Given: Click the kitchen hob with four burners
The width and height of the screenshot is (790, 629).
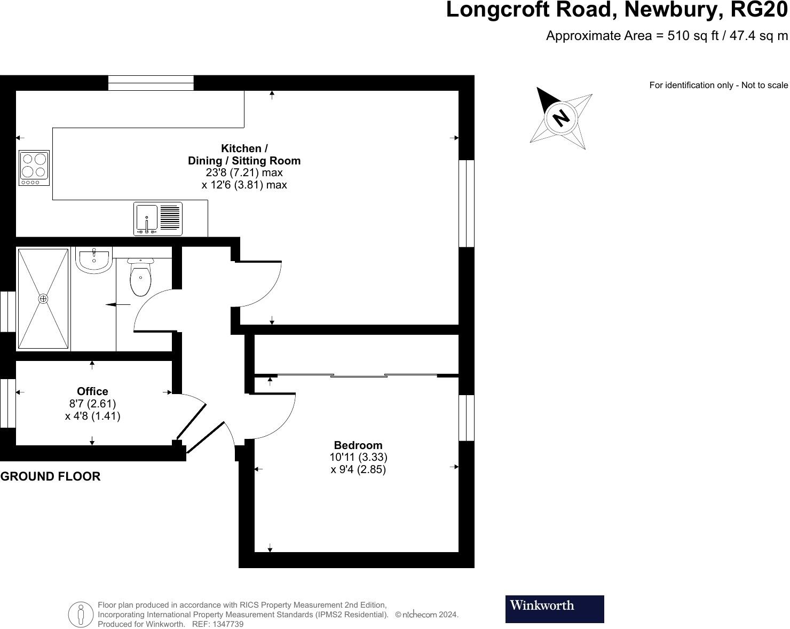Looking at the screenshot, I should coord(34,168).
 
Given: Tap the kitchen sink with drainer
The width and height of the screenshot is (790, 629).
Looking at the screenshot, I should coord(157,219).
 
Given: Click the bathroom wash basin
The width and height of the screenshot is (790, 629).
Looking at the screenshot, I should coord(94,260).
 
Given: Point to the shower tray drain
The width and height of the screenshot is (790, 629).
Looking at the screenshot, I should coord(43,299).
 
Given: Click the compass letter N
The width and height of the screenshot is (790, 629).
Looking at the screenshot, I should coord(560,117).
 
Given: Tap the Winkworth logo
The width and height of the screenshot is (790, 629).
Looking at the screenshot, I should coord(554,609).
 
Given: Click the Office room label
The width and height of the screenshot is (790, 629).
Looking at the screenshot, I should coord(92,391).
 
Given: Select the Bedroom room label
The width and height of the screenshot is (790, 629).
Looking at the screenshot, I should coord(358,445).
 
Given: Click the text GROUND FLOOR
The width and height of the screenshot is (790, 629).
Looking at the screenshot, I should coord(50,476).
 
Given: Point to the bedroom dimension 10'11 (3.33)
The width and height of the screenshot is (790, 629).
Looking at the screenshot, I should coord(358,457).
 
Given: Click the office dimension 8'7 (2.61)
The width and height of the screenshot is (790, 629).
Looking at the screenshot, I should coord(92,404).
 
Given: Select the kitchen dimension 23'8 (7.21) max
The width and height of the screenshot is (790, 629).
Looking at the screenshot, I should coord(244,172).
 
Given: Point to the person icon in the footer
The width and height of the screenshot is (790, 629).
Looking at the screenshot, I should coord(81,614).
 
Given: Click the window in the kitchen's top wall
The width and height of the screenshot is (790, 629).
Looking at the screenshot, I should coord(151,83).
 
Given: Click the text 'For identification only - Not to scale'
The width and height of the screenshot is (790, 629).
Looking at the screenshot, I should coord(718,85).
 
